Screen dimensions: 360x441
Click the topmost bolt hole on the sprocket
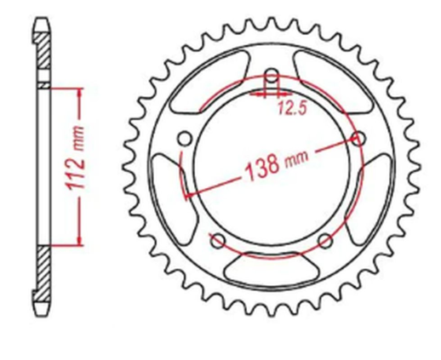[x=271, y=77]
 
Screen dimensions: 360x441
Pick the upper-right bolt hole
[x=358, y=138]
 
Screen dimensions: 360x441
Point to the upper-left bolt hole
[x=183, y=138]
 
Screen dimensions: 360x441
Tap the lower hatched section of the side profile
[x=43, y=272]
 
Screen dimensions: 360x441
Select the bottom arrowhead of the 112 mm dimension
[x=79, y=241]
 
